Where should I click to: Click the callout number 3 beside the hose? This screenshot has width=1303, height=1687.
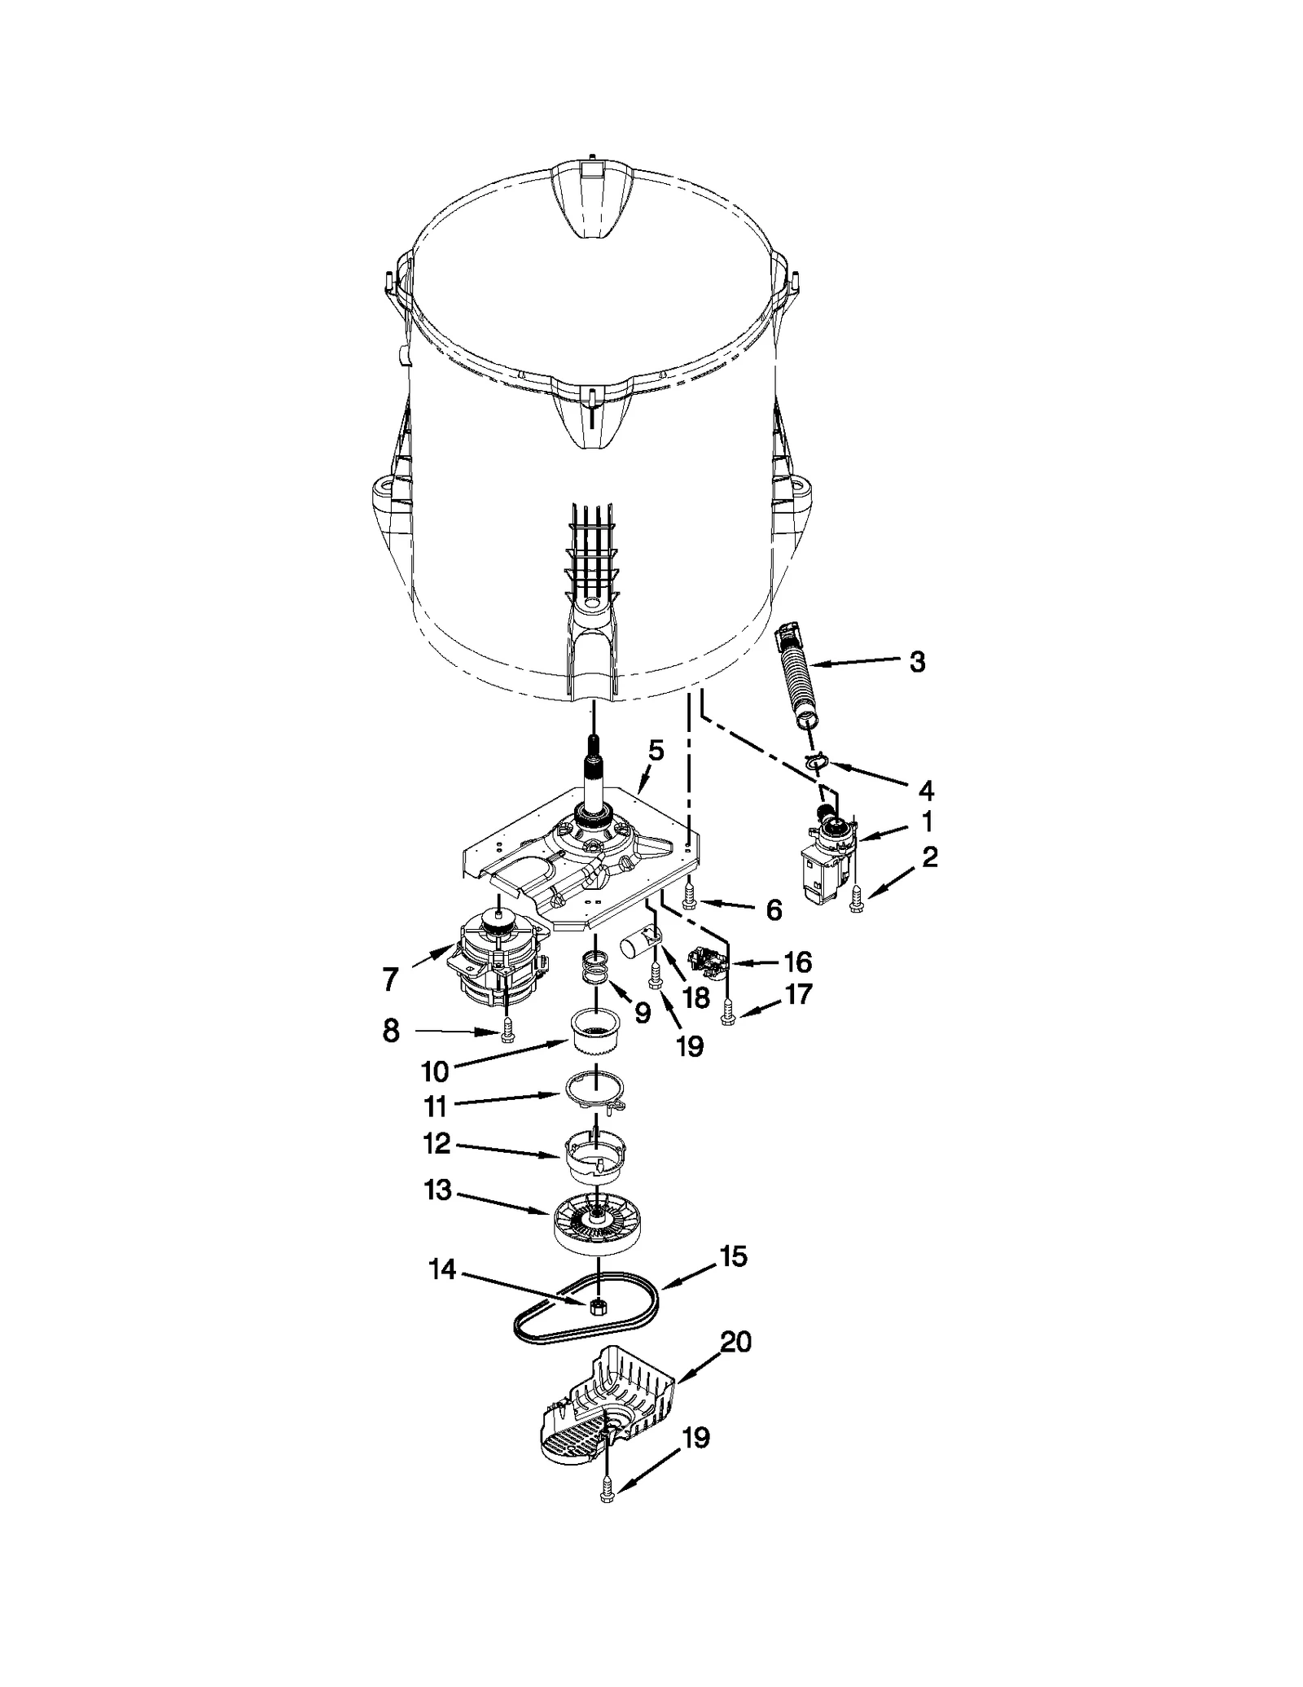click(x=917, y=662)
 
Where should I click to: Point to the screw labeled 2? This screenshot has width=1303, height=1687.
click(x=854, y=900)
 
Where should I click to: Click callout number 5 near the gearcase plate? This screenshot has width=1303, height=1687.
click(x=656, y=749)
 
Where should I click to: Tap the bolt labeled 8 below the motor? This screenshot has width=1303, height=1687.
click(x=507, y=1031)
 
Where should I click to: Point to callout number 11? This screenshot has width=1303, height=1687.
click(x=435, y=1106)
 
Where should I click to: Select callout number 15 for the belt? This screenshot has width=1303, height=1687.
click(x=733, y=1256)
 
